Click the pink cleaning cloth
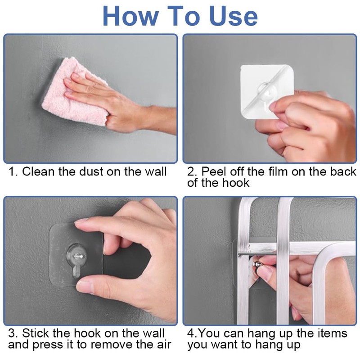point(73,92)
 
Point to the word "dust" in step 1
point(91,172)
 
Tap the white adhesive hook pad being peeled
point(267,91)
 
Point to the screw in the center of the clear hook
point(77,256)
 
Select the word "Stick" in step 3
point(36,333)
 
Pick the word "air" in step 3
point(163,345)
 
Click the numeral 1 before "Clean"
point(12,172)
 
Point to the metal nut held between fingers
point(257,264)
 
